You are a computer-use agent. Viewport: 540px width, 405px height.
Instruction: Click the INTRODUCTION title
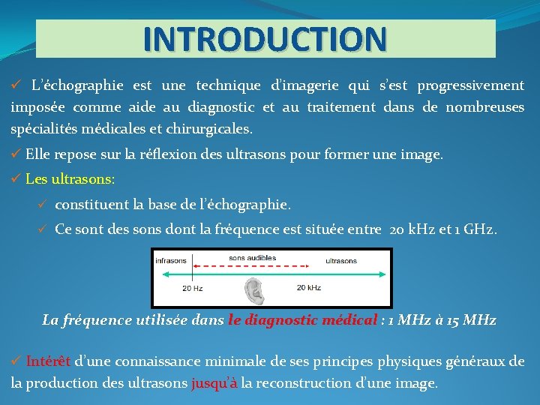coord(265,38)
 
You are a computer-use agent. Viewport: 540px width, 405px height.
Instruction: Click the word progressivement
coord(471,85)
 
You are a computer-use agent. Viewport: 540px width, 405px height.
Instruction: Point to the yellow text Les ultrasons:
coord(70,180)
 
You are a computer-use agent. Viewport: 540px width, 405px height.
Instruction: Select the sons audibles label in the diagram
coord(252,258)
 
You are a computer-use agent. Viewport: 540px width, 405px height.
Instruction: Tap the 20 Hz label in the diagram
coord(193,288)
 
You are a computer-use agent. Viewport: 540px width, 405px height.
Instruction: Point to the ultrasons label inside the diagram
coord(341,261)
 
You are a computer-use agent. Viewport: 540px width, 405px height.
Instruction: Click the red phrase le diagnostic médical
coord(302,320)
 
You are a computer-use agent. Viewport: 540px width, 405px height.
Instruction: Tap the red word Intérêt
coord(49,361)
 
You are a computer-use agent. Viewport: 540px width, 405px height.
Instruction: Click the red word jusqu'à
coord(214,383)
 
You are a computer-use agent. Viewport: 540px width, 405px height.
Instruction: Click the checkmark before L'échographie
coord(16,85)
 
